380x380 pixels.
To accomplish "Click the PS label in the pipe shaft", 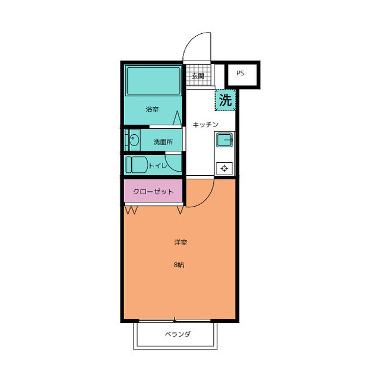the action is (240, 73).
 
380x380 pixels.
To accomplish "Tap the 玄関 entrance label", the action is (198, 76).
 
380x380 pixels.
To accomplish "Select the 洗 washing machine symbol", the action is (226, 100).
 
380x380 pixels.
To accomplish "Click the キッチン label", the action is (205, 125).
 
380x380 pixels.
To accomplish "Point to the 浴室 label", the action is (152, 109).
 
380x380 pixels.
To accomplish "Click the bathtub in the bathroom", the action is (153, 81).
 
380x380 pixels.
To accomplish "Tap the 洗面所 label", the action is (163, 142).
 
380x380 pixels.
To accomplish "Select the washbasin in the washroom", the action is (134, 140).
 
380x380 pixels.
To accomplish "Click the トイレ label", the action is (157, 166).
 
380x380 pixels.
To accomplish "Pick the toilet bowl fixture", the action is (136, 164).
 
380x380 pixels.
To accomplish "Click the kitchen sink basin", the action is (224, 140).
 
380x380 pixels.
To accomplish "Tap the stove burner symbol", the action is (224, 168).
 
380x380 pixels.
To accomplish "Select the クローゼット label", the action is (153, 192).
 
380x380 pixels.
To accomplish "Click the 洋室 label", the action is (180, 242).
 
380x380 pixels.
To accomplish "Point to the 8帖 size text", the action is (179, 265).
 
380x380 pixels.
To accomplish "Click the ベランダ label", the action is (178, 334).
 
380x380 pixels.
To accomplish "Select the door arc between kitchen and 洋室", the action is (206, 199).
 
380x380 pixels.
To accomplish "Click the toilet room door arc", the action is (170, 166).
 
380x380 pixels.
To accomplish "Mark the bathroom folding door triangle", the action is (177, 118).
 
